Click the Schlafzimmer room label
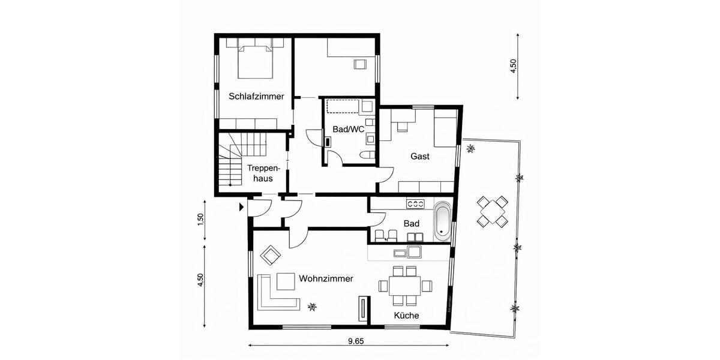click(x=256, y=96)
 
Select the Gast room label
click(x=420, y=156)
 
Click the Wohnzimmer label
click(x=326, y=278)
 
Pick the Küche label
click(x=406, y=316)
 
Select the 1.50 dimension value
click(x=202, y=219)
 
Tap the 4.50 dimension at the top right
click(x=512, y=66)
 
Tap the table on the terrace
click(x=491, y=211)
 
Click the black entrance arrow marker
click(x=241, y=207)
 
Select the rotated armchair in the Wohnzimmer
click(x=271, y=256)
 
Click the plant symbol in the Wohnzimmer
click(x=311, y=307)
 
